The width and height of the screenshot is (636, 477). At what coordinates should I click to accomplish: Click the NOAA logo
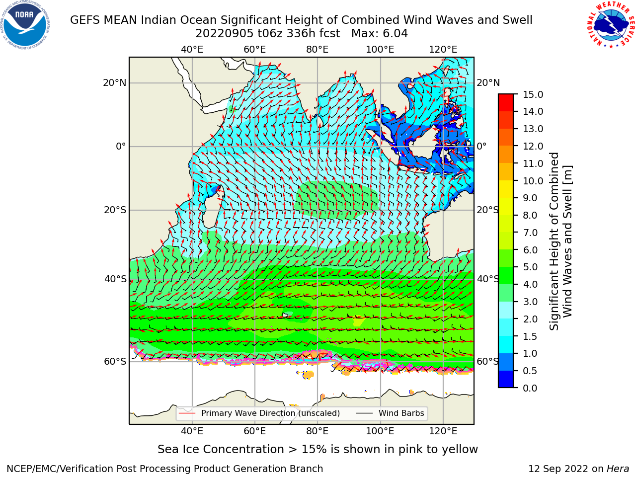click(x=25, y=25)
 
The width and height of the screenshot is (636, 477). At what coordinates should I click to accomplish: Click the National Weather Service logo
click(x=611, y=25)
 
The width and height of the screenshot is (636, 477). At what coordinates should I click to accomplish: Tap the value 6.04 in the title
click(x=394, y=34)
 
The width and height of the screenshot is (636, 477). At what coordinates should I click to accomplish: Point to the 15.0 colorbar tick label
click(x=533, y=94)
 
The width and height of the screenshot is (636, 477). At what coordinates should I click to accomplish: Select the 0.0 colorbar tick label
click(x=530, y=388)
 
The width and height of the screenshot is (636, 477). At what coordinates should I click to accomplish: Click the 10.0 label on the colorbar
click(x=533, y=181)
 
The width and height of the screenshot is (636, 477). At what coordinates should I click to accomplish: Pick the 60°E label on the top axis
click(x=255, y=50)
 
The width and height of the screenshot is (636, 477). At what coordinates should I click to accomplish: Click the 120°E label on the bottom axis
click(x=443, y=431)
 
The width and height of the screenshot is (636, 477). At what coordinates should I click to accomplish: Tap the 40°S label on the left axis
click(x=115, y=279)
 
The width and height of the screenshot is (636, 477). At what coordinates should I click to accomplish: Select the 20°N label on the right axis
click(x=488, y=83)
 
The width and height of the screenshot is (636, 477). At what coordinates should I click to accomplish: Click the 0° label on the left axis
click(x=121, y=146)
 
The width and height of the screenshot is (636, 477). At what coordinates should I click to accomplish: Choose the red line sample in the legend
click(x=187, y=413)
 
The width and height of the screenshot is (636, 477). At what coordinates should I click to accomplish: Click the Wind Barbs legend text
click(x=401, y=413)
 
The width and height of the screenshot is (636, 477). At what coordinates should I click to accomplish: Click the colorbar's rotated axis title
click(x=560, y=241)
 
